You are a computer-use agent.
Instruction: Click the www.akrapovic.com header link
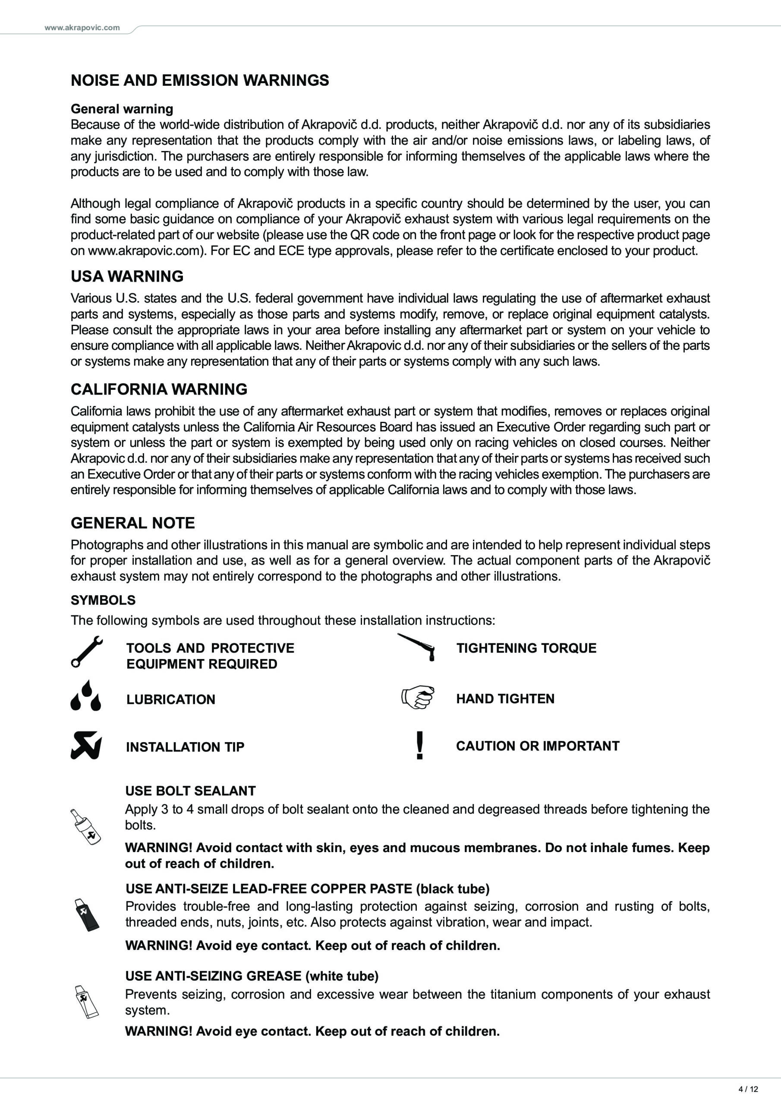pyautogui.click(x=82, y=28)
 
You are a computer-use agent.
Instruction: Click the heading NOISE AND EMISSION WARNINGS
pyautogui.click(x=200, y=80)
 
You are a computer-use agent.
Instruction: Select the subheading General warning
pyautogui.click(x=122, y=109)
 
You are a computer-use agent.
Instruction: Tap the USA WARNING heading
pyautogui.click(x=127, y=276)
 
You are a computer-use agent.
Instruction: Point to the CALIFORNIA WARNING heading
pyautogui.click(x=159, y=389)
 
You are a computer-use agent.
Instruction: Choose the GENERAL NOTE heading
pyautogui.click(x=132, y=523)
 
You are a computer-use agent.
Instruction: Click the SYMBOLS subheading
pyautogui.click(x=103, y=600)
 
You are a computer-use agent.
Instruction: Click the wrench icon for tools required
pyautogui.click(x=87, y=652)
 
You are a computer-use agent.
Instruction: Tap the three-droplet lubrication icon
pyautogui.click(x=86, y=695)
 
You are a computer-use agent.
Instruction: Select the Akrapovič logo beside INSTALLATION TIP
pyautogui.click(x=87, y=745)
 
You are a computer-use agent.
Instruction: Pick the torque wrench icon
pyautogui.click(x=417, y=647)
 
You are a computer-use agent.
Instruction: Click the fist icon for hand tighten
pyautogui.click(x=418, y=697)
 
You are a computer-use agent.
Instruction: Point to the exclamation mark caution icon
pyautogui.click(x=419, y=745)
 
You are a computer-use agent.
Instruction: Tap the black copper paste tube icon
pyautogui.click(x=87, y=915)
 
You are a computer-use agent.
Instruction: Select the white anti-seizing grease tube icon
pyautogui.click(x=87, y=1002)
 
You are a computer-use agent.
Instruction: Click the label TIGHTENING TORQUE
pyautogui.click(x=526, y=648)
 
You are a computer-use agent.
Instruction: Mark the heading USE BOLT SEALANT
pyautogui.click(x=191, y=791)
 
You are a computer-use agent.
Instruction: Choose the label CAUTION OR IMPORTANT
pyautogui.click(x=538, y=746)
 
